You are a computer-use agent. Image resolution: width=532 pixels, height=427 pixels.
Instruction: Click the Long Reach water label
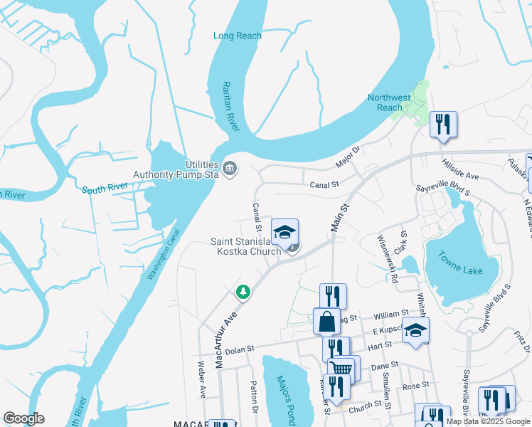(x=238, y=36)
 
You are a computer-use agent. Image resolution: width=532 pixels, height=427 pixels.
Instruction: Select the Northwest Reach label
(x=389, y=102)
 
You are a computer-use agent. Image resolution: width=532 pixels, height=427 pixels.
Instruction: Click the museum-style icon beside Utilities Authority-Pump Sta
(x=230, y=169)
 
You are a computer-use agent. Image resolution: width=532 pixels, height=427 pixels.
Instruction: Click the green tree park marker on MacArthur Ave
(x=243, y=292)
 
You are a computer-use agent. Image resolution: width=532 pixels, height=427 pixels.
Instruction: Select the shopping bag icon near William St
(x=326, y=321)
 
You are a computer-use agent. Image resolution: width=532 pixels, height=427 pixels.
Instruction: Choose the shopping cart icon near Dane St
(x=341, y=368)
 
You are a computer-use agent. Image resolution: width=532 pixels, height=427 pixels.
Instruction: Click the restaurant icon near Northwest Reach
(x=443, y=124)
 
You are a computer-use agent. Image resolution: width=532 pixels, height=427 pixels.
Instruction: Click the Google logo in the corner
(x=23, y=418)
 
